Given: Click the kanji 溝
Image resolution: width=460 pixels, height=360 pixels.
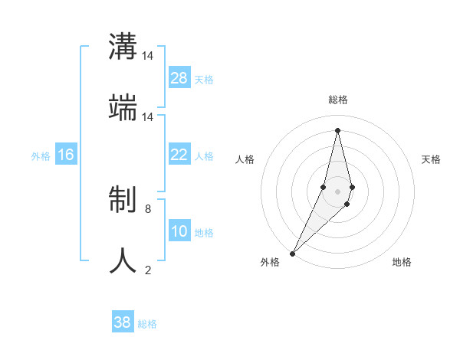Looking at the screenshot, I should coord(123,47).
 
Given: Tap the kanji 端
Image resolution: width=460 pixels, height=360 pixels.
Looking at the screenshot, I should coord(123,110).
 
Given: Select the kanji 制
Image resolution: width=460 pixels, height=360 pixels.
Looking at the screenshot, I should coord(123,201).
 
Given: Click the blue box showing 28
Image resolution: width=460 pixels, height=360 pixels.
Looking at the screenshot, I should coord(179,78).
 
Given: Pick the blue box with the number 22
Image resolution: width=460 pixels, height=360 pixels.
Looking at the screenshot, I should coord(179,155).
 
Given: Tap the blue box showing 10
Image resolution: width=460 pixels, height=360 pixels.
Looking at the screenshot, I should coord(179,231).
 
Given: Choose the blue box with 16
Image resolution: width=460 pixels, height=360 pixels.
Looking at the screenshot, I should coord(66,155).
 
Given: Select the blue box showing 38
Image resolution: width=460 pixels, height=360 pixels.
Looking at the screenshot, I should coord(123,322).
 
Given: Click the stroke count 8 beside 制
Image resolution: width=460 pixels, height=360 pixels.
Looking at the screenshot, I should coord(148,208).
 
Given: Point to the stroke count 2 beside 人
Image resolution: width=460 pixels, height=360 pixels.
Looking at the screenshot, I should coord(148,270).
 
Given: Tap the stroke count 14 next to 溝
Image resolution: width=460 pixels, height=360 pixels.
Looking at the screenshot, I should coord(148,56).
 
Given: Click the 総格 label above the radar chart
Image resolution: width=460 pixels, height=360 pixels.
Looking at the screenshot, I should coord(338,100).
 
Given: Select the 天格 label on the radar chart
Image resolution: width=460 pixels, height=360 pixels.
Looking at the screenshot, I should coord(432,159).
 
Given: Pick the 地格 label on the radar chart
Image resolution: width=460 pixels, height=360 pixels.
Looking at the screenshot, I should coord(402,262).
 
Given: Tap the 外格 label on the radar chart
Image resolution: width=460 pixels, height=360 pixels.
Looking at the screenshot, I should coord(270,262).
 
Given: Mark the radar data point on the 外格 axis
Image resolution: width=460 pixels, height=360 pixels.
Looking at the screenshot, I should coord(293,254).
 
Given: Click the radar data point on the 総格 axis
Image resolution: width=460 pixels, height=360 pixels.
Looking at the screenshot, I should coord(338,130).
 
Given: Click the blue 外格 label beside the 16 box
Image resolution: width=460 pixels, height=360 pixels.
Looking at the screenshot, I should coord(41,155).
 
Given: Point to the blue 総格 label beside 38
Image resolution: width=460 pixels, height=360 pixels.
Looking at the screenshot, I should coord(147,324).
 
